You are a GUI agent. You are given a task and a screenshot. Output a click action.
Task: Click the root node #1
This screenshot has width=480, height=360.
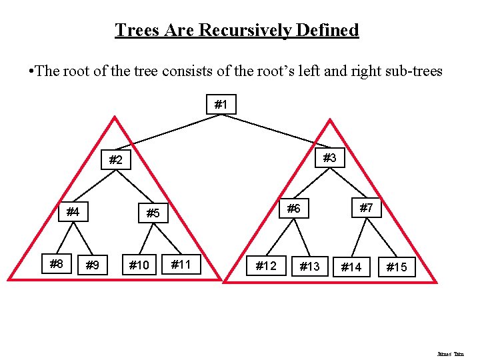point(221,105)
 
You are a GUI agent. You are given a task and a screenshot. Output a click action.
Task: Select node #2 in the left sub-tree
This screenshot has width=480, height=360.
point(115,160)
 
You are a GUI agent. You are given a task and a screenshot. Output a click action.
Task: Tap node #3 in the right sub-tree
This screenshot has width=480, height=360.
point(329,158)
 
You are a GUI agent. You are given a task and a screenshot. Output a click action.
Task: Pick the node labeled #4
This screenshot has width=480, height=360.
point(73,213)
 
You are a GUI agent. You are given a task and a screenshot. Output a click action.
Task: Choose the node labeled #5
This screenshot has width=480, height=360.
point(153,213)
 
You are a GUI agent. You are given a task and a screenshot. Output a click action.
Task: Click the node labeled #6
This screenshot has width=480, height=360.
point(294,209)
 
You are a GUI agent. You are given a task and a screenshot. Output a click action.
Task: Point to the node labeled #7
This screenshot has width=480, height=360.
point(366,208)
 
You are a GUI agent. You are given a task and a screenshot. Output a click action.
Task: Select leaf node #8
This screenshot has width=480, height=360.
point(57,264)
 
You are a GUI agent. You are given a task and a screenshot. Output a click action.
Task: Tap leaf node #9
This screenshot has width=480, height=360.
point(92,266)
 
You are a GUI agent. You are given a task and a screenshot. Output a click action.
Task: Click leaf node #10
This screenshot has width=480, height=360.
point(139,266)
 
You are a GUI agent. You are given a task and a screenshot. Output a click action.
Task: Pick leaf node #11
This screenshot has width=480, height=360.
point(181,265)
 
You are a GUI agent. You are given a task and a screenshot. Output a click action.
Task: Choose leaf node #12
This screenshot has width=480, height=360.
point(266,266)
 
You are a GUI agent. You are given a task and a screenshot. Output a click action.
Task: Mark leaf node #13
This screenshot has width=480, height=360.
point(309,267)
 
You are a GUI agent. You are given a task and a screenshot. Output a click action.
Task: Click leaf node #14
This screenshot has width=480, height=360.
point(351,267)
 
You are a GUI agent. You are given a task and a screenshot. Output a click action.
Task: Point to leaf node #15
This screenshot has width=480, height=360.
point(397,267)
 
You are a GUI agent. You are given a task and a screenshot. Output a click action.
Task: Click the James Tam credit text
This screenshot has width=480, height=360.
point(450,354)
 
